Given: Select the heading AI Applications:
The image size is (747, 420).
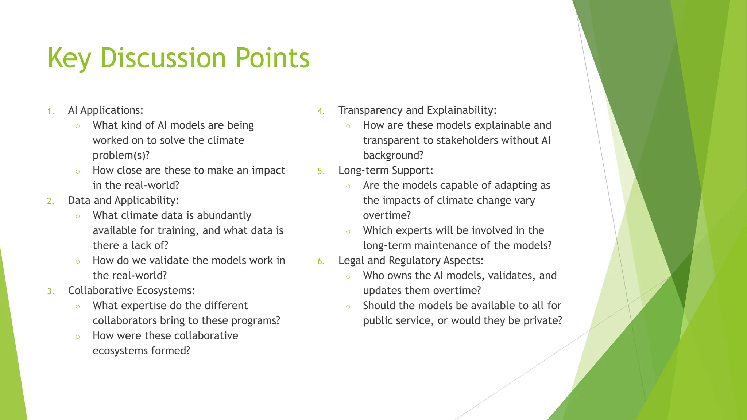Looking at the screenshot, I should (x=105, y=110).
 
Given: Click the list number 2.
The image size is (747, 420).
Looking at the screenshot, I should (x=50, y=201).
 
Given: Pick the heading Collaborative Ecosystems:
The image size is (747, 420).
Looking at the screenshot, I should (x=131, y=291).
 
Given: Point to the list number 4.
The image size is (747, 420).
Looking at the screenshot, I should (x=320, y=111).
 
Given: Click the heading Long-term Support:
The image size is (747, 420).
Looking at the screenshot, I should (x=386, y=170).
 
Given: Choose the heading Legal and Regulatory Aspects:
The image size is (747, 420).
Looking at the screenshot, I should (x=411, y=260).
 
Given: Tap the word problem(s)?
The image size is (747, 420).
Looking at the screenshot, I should (x=121, y=155).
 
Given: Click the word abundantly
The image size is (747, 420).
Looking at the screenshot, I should (x=224, y=215).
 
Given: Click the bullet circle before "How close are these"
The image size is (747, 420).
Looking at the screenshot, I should (x=78, y=171).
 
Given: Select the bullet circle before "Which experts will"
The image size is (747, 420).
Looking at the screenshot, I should (x=348, y=232).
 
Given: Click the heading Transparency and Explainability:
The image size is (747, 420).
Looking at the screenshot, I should (x=417, y=110).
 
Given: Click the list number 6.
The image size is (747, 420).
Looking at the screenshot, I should (x=320, y=261).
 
